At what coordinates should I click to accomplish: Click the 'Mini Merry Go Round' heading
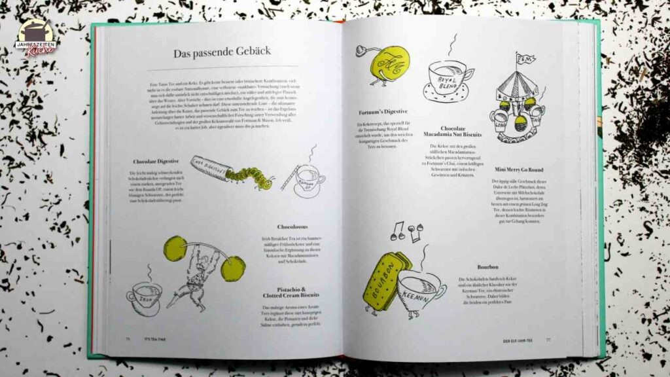(x=520, y=170)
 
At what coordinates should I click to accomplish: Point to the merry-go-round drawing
(x=518, y=101)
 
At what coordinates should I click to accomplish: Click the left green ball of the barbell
(x=175, y=249)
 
